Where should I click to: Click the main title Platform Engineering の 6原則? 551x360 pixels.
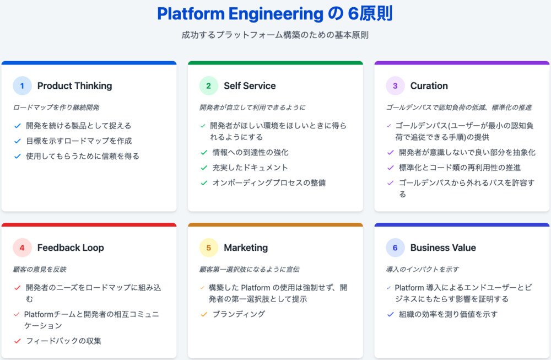point(275,14)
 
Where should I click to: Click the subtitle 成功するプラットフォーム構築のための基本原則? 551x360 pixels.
point(275,35)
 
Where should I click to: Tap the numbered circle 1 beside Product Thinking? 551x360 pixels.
point(22,85)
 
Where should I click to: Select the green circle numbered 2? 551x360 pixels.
point(208,85)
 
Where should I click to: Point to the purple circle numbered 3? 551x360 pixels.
point(395,85)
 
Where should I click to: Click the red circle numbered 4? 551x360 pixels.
point(22,248)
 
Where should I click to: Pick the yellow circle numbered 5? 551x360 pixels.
point(208,248)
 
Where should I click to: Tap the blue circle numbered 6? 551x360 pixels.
point(395,248)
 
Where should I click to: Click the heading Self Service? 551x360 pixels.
point(250,85)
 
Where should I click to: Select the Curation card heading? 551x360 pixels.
point(429,85)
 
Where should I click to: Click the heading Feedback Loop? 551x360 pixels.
point(71,248)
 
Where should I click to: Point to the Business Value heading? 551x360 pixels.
point(443,248)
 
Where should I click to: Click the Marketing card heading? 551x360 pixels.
point(246,248)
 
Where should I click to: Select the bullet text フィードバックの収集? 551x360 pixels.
point(63,340)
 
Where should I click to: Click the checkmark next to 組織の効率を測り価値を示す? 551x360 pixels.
point(391,314)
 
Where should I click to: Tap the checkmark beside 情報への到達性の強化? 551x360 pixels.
point(204,152)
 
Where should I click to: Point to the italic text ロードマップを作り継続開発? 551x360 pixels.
point(56,108)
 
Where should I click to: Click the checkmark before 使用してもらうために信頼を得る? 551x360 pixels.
point(18,156)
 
